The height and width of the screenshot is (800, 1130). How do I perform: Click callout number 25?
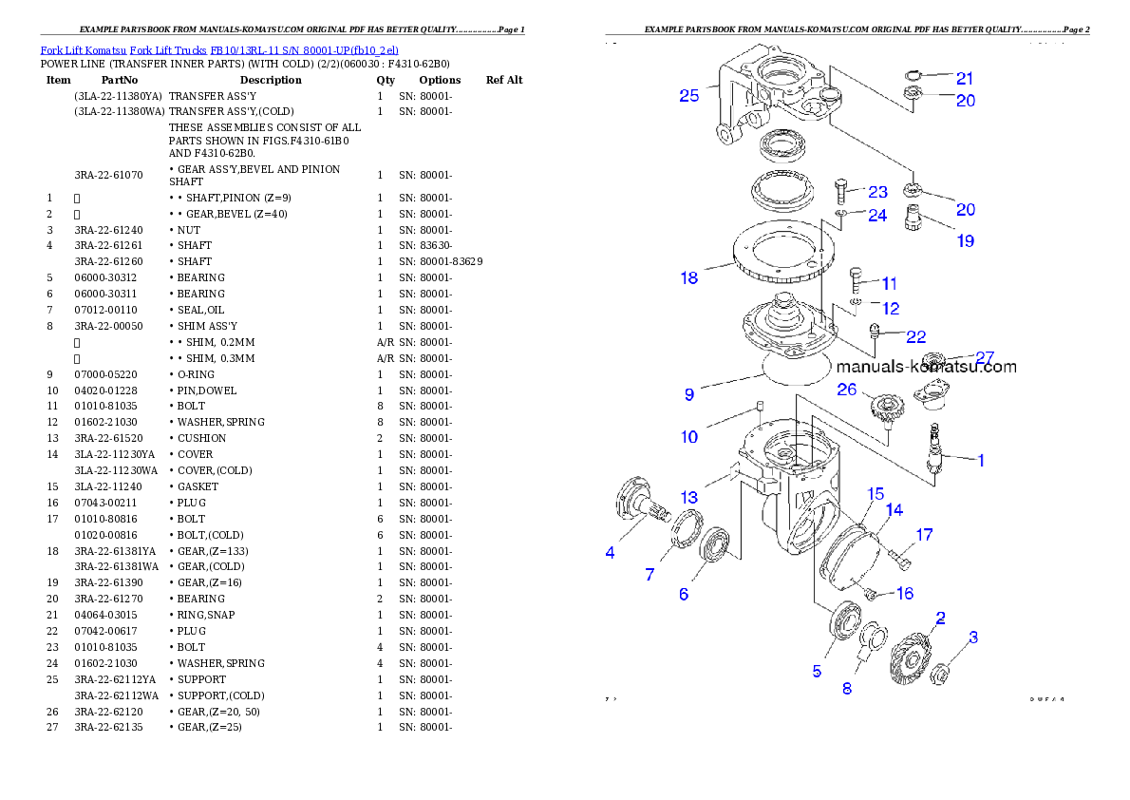pos(689,95)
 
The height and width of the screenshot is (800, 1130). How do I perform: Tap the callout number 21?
pos(965,78)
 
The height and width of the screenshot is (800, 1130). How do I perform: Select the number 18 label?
pos(689,277)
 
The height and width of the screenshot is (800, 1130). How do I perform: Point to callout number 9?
pos(689,393)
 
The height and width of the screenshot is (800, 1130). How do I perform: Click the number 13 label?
pos(689,497)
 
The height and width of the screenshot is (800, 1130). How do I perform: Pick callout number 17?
pos(924,535)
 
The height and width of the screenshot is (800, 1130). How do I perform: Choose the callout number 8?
pos(847,688)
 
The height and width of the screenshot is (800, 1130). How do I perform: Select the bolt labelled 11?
pos(855,279)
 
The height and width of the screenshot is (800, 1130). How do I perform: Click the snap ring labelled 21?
pos(913,77)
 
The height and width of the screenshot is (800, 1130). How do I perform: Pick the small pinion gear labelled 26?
pos(885,411)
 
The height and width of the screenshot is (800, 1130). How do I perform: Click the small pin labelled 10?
pos(761,410)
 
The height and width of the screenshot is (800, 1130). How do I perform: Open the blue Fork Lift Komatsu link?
pos(219,49)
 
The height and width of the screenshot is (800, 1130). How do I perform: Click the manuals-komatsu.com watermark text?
pos(926,367)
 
